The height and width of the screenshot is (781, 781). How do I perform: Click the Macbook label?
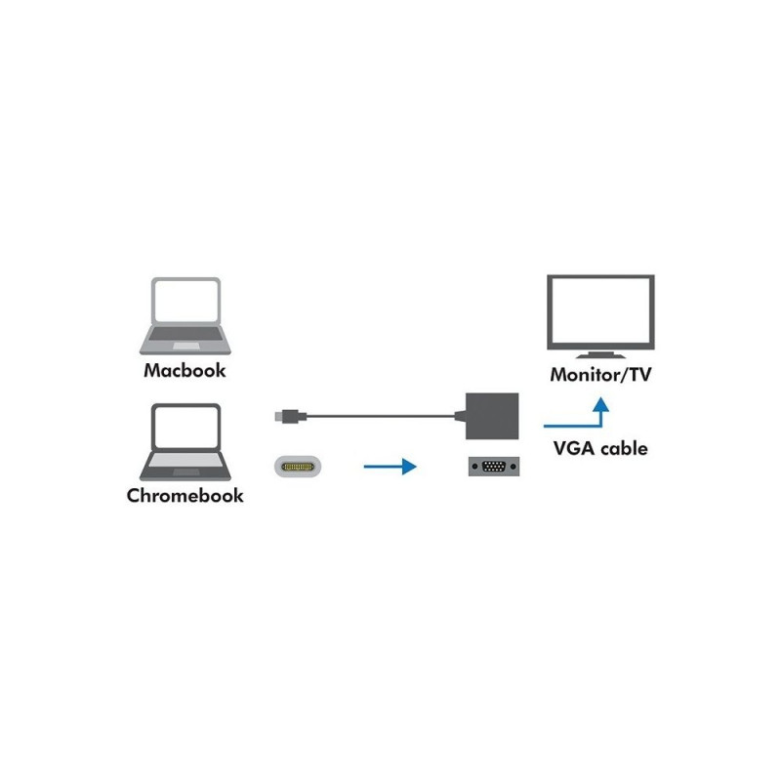tap(185, 371)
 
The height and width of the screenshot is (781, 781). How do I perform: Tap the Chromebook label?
tap(185, 495)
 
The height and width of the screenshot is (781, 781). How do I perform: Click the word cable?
tap(623, 449)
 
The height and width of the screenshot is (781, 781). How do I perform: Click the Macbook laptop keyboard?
tap(185, 339)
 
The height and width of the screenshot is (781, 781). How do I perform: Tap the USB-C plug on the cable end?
tap(284, 417)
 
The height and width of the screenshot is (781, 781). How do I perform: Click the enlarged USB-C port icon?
tap(301, 468)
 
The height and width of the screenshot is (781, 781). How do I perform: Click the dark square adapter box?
tap(493, 416)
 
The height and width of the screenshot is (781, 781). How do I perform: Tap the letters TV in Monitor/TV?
tap(637, 374)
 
